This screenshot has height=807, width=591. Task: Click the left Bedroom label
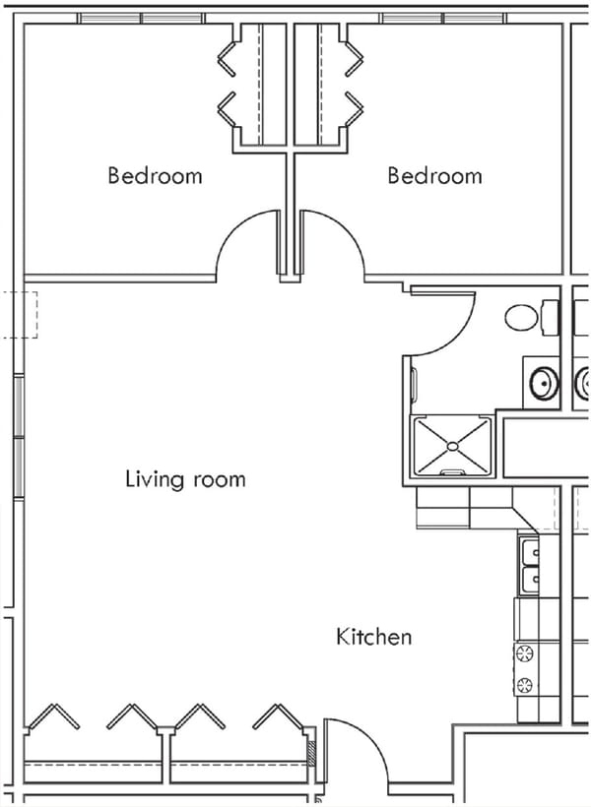[155, 176]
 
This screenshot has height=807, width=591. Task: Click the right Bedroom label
[434, 176]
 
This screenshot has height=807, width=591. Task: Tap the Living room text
[185, 479]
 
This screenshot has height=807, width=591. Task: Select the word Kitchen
[374, 637]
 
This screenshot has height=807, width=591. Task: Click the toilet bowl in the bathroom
[522, 317]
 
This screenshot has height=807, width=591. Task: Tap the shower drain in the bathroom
[452, 446]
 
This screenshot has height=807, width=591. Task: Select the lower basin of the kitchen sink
[528, 579]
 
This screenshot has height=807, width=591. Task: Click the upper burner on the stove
[524, 652]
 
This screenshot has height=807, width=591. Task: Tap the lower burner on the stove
[524, 685]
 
